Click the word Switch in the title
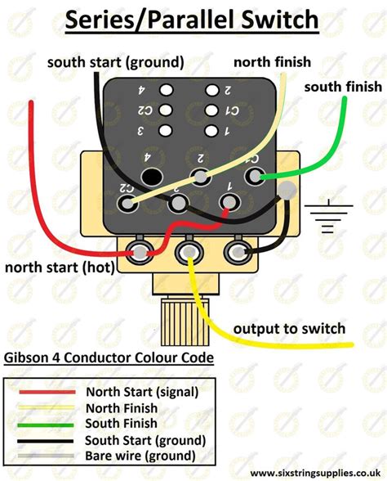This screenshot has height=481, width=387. point(279,20)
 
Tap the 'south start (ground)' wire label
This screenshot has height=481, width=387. point(116,62)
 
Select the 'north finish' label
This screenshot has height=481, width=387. point(272,62)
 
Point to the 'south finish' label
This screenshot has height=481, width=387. point(343,87)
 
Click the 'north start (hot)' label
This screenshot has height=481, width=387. point(60,267)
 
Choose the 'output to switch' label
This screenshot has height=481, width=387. point(289,329)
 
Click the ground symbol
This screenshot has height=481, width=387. point(328,216)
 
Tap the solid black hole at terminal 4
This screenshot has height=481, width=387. point(152,177)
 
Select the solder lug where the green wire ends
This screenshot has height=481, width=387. point(255,176)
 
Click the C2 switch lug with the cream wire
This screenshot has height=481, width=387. point(127,203)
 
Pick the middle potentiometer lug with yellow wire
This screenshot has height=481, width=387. point(189,252)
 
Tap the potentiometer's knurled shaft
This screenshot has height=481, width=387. point(185,322)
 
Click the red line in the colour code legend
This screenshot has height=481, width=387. point(47,392)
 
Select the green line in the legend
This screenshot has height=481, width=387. point(46,425)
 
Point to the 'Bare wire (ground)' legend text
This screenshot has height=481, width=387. point(140,456)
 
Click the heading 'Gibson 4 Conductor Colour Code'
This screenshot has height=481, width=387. point(109,357)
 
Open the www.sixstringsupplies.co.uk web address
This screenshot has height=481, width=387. point(315,473)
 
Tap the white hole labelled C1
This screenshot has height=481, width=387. point(211,110)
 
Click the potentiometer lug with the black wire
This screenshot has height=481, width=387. point(238,252)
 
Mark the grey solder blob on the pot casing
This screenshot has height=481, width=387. point(287,190)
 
